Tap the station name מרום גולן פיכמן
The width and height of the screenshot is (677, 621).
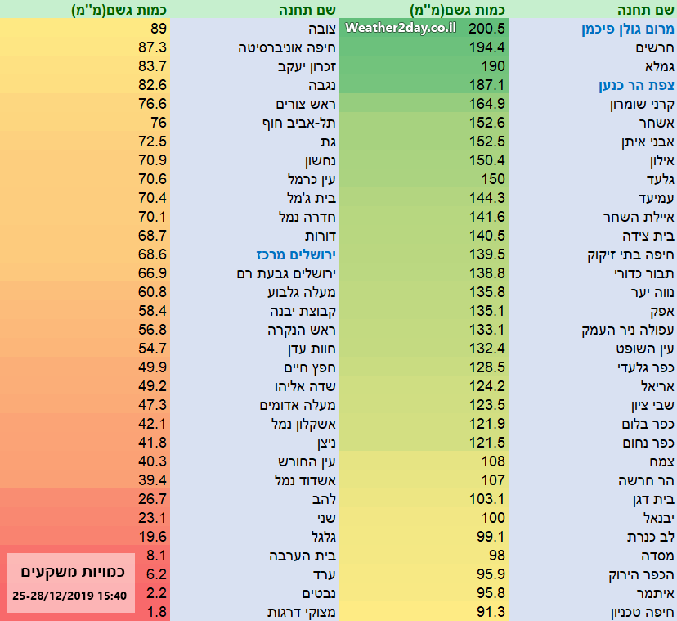coord(628,29)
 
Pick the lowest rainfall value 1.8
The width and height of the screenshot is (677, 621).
coord(158,612)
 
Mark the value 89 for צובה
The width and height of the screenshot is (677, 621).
coord(159,29)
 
